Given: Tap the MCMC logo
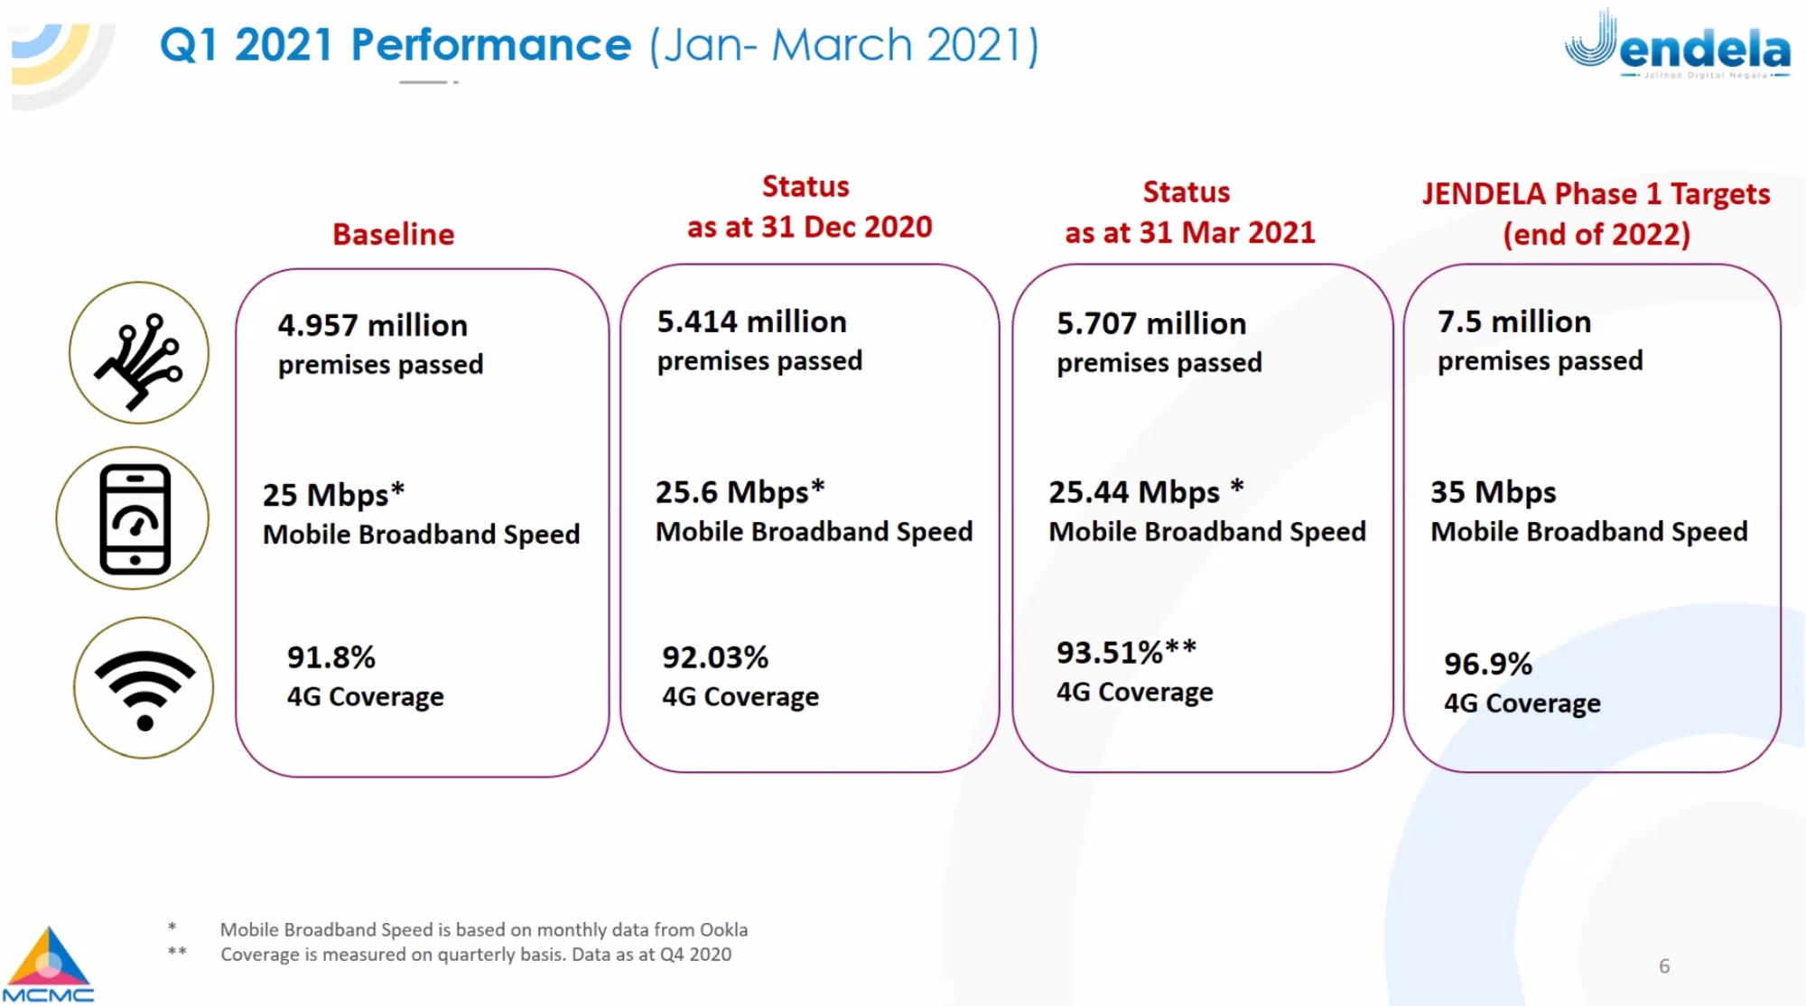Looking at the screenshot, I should click(48, 964).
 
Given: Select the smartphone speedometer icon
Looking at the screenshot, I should click(134, 518).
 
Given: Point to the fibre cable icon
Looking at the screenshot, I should click(139, 353).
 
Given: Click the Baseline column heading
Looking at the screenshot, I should click(393, 235).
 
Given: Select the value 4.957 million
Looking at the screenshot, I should click(372, 325).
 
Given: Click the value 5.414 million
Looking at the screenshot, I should click(751, 321).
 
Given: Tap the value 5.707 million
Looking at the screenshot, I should click(1150, 323).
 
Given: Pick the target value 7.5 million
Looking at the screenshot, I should click(1513, 321).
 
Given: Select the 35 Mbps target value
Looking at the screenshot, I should click(1493, 492).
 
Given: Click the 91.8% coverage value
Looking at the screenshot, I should click(330, 657).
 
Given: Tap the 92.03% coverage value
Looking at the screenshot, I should click(714, 657).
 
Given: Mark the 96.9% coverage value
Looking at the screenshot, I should click(1487, 664).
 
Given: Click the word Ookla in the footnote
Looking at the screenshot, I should click(723, 929).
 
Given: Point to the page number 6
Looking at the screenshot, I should click(1664, 966).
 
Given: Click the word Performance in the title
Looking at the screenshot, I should click(490, 45).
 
